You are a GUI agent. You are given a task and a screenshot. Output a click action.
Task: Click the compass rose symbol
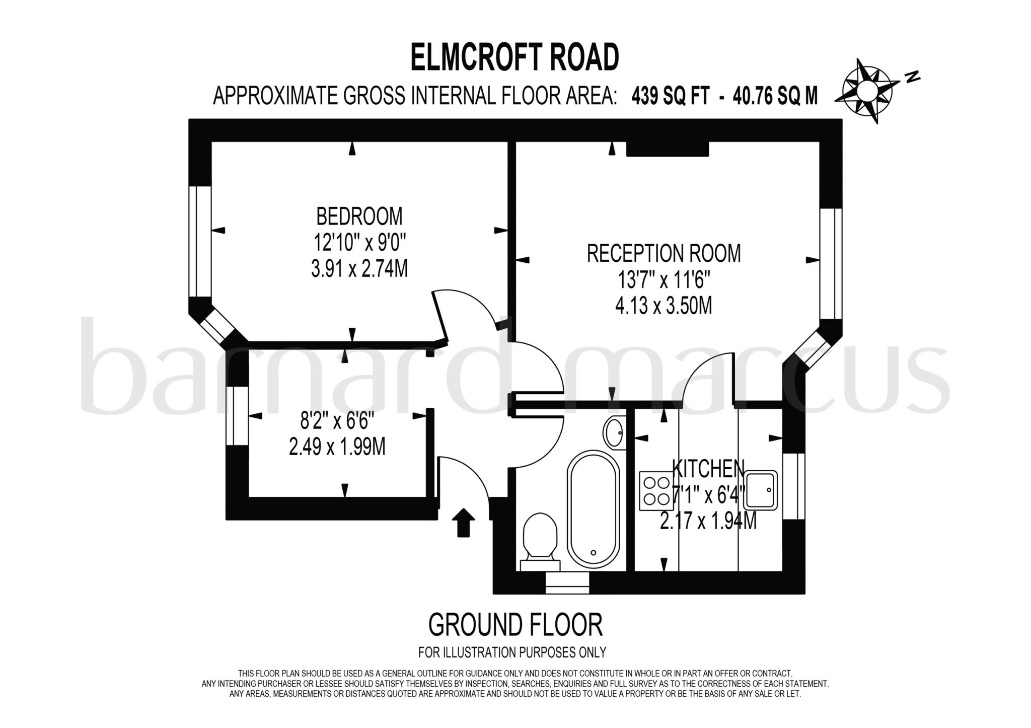866,91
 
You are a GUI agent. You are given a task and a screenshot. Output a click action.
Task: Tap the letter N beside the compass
912,77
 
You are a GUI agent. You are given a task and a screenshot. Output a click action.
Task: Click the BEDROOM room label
359,216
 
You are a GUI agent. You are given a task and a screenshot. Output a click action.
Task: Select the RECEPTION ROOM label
664,253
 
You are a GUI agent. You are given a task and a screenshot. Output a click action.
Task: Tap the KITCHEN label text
708,469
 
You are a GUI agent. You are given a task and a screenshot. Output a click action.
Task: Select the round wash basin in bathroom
614,432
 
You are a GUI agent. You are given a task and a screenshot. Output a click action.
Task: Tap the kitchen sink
761,490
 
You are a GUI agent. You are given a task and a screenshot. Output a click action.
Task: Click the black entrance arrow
464,523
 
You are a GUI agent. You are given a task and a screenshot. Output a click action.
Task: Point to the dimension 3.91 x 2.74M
359,269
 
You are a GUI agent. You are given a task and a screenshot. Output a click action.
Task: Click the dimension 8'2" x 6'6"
337,419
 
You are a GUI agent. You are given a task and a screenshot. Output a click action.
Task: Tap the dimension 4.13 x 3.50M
664,306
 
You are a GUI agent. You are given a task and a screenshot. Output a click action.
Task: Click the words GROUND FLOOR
515,625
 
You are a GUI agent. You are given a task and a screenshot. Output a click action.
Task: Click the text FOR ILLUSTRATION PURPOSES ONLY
512,652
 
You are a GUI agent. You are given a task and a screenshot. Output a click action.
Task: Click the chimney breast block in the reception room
667,149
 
